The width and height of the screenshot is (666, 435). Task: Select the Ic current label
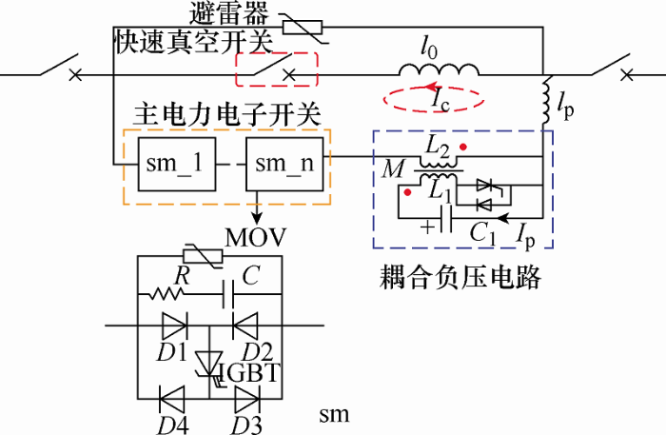[x=439, y=97]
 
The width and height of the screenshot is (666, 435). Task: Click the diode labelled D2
[x=246, y=326]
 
